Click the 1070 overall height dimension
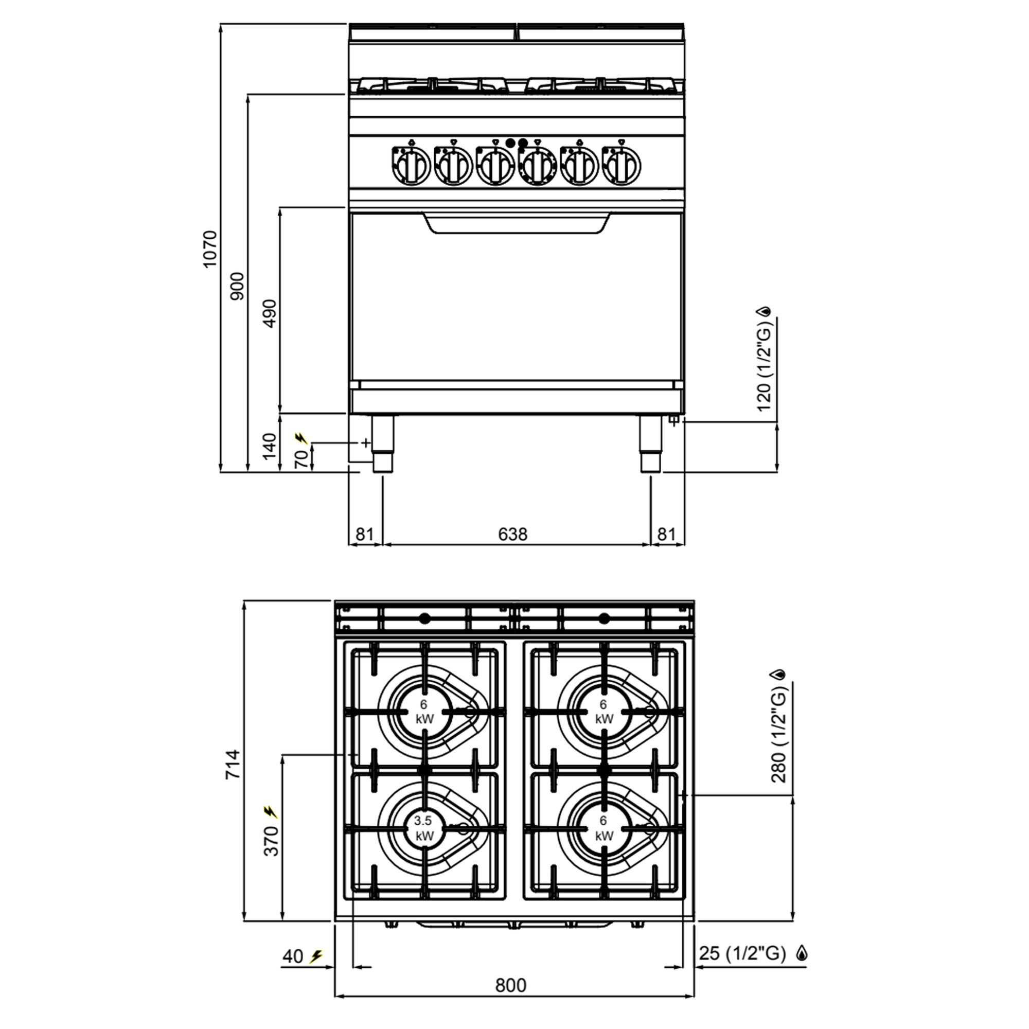tap(210, 249)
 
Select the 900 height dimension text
tap(238, 286)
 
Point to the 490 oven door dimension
tap(270, 313)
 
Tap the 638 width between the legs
tap(512, 534)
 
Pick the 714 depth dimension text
tap(233, 765)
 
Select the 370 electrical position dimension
tap(271, 841)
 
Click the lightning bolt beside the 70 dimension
tap(301, 439)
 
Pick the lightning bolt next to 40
tap(316, 956)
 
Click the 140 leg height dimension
tap(270, 445)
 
